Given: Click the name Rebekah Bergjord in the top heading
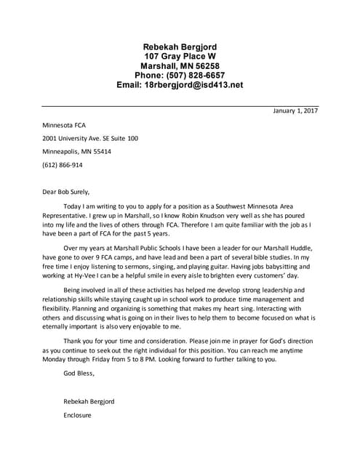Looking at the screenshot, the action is click(x=180, y=46).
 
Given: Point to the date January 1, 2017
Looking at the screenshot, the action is click(x=296, y=111).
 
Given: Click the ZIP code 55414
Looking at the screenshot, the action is click(x=100, y=151).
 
